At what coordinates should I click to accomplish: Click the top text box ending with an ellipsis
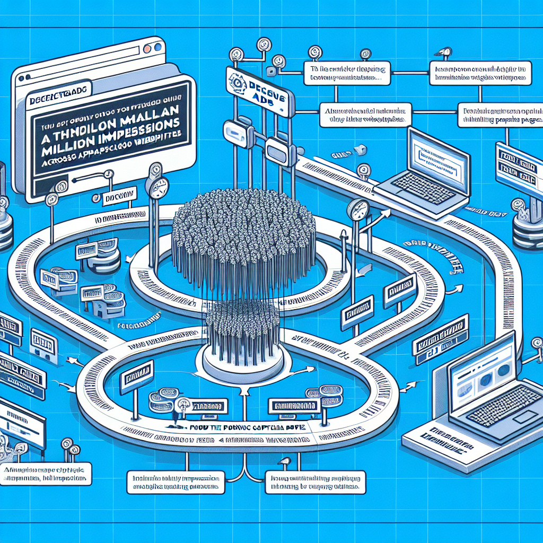(x=347, y=74)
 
